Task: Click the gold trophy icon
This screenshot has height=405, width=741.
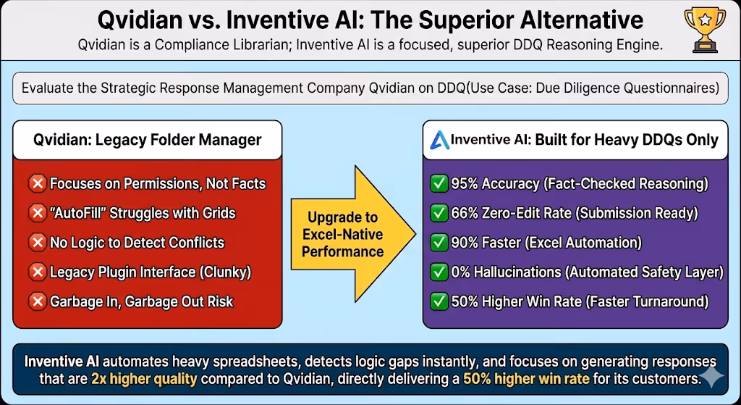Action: [705, 29]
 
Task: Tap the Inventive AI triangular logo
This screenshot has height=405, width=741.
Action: [439, 140]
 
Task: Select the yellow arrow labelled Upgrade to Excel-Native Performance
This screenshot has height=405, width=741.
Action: [353, 234]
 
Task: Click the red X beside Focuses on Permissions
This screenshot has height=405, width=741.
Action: [38, 183]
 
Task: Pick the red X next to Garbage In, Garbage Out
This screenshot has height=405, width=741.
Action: [38, 301]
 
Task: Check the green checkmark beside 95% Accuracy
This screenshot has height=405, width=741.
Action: [439, 183]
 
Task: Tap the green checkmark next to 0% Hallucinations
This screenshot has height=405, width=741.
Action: [439, 272]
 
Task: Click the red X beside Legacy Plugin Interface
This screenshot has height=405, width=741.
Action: [38, 272]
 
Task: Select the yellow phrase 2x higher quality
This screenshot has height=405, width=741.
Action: [144, 378]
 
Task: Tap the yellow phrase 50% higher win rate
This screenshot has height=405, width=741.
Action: [526, 378]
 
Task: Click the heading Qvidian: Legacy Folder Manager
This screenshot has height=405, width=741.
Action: [147, 140]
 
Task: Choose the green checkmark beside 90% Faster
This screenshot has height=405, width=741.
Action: [439, 242]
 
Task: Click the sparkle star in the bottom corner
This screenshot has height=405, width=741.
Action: [711, 377]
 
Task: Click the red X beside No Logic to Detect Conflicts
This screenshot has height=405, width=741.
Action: [38, 242]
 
